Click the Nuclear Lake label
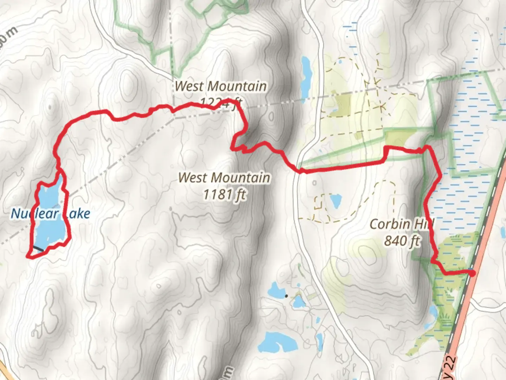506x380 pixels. [50, 214]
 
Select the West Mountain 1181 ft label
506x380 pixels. [225, 186]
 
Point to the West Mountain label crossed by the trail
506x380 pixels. [221, 87]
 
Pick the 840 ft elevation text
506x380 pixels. [402, 241]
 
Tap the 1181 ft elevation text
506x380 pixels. [225, 194]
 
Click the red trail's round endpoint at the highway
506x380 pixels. [473, 273]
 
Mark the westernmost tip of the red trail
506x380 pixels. [28, 256]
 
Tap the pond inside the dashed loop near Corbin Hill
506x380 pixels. [336, 201]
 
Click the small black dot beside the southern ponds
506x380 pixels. [286, 296]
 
